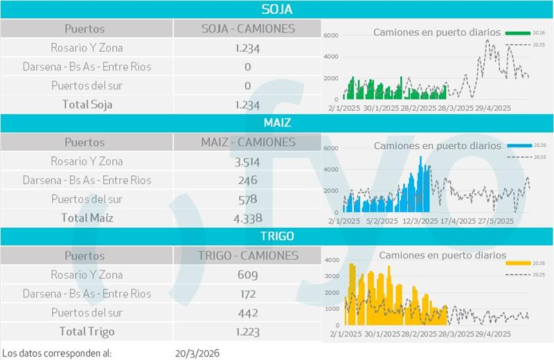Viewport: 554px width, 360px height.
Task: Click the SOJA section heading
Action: (x=276, y=9)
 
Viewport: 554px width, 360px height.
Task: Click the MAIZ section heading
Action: (x=276, y=123)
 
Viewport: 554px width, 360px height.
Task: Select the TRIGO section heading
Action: (x=276, y=236)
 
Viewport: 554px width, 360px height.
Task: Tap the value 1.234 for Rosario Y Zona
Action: (x=247, y=48)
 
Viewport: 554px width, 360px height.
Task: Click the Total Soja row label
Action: (x=87, y=105)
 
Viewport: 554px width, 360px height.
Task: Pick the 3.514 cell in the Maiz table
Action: (x=247, y=161)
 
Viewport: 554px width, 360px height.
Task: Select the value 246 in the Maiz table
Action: (x=247, y=180)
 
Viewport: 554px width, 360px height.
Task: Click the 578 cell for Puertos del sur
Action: (x=247, y=199)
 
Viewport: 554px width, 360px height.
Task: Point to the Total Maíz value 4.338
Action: (x=247, y=218)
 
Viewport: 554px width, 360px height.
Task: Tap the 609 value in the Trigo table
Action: (x=247, y=275)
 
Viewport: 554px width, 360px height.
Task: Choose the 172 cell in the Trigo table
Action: (x=247, y=294)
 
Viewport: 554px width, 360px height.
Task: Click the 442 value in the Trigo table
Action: (x=247, y=313)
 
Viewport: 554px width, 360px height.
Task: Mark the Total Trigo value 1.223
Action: (x=247, y=332)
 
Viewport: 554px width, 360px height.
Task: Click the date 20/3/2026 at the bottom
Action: (x=199, y=353)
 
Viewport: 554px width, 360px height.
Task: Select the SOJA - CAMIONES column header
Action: (x=247, y=29)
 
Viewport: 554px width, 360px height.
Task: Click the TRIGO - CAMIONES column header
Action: (x=247, y=255)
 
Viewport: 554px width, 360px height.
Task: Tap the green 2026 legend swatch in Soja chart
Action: (x=517, y=33)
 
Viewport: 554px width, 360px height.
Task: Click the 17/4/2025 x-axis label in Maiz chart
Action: (x=456, y=222)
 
